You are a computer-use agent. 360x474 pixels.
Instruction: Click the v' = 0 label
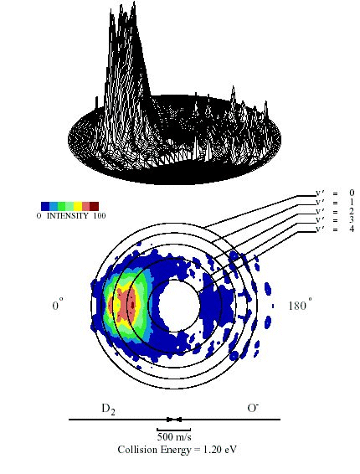[x=335, y=193]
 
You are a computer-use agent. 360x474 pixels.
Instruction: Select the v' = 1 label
[x=335, y=202]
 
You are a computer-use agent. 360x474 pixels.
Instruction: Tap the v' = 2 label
[x=335, y=211]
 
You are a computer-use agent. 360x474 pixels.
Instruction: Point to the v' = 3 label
[x=335, y=219]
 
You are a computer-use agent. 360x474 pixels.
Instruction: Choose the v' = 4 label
[x=335, y=229]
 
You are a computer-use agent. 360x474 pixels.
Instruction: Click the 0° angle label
[x=58, y=305]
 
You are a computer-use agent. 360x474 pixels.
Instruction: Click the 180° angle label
[x=301, y=305]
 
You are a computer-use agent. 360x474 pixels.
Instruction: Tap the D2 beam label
[x=108, y=410]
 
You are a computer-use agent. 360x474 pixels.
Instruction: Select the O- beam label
[x=253, y=408]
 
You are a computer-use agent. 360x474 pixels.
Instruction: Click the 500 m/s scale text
[x=174, y=436]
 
